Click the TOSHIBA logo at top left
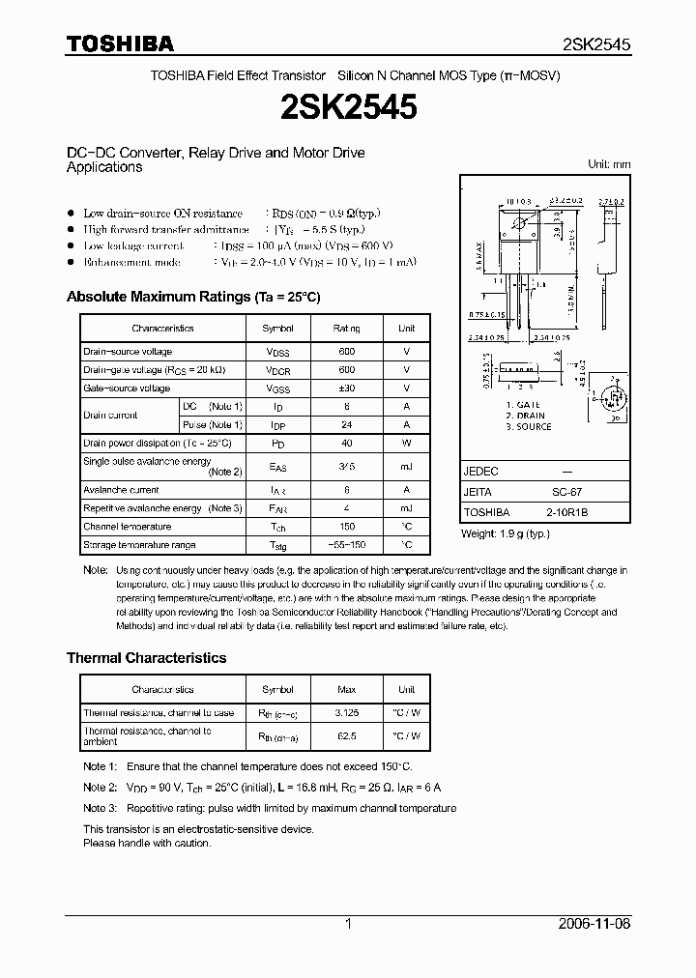[x=120, y=43]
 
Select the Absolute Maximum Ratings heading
[x=192, y=297]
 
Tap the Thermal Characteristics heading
[x=146, y=658]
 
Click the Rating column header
[x=346, y=329]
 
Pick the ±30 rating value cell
[x=346, y=388]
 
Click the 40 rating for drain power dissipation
[x=346, y=443]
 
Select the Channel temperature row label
[x=128, y=527]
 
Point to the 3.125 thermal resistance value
[x=346, y=713]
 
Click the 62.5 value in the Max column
[x=346, y=735]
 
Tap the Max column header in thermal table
[x=346, y=689]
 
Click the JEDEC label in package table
[x=481, y=471]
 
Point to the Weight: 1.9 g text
[x=505, y=534]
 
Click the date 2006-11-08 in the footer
[x=596, y=924]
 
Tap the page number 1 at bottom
[x=348, y=924]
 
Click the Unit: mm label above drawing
[x=609, y=164]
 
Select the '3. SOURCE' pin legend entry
[x=528, y=426]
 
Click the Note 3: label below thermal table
[x=100, y=808]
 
